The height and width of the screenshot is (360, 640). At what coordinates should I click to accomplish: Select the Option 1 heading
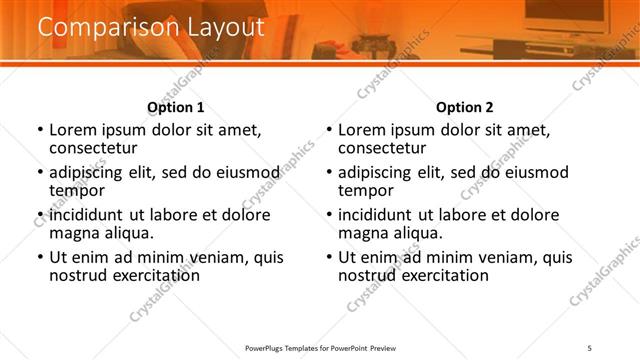[175, 107]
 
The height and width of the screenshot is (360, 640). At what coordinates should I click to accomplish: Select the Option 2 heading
[464, 107]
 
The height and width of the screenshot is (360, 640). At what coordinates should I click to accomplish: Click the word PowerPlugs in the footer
[269, 348]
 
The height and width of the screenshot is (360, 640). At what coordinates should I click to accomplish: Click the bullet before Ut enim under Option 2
[329, 257]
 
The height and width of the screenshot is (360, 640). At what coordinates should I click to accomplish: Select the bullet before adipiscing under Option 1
[40, 173]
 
